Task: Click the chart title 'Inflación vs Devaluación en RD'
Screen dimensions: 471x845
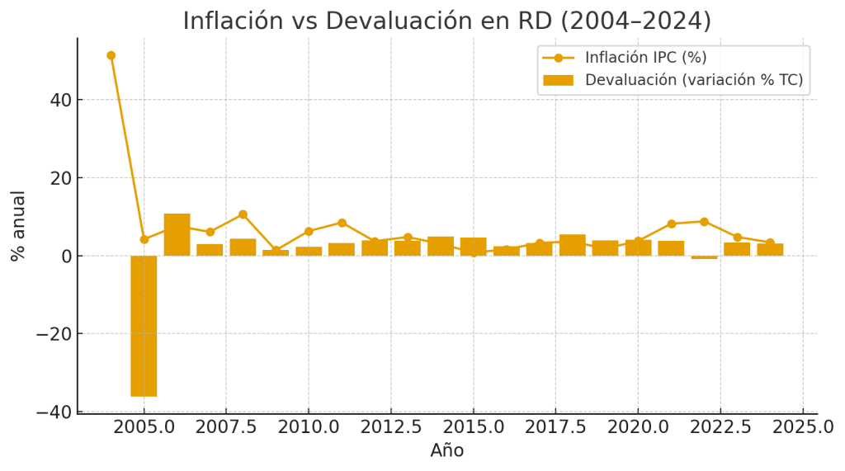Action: [x=446, y=21]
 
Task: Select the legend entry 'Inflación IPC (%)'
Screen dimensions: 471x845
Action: [x=645, y=58]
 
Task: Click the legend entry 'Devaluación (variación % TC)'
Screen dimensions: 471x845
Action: [x=693, y=80]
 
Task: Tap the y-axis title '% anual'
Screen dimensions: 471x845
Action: [x=18, y=225]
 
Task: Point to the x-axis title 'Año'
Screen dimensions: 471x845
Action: [x=446, y=450]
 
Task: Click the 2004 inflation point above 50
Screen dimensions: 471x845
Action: [x=111, y=55]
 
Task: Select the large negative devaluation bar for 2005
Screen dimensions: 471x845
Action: [x=144, y=326]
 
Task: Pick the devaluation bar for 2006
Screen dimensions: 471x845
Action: [x=177, y=235]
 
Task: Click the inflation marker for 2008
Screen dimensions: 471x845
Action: [x=243, y=214]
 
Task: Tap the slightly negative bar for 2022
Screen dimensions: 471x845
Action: [x=704, y=257]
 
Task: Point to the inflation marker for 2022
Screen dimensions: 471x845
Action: [x=704, y=222]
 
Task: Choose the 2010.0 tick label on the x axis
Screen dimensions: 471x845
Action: [x=309, y=427]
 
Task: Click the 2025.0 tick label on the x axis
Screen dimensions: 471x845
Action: [x=803, y=427]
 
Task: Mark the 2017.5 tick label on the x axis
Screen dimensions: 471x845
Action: [x=555, y=427]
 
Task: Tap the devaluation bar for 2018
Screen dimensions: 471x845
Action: [x=572, y=245]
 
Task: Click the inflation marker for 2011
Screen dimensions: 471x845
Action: [x=342, y=223]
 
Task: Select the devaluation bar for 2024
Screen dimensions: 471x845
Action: [x=770, y=249]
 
